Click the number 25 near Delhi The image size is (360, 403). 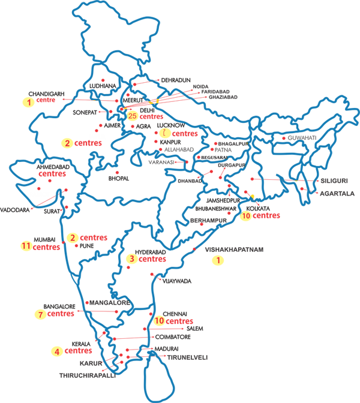point(133,115)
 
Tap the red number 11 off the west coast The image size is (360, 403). point(25,246)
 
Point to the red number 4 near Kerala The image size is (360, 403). point(57,351)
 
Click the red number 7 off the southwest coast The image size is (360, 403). point(40,315)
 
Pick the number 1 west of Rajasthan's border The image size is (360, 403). point(29,103)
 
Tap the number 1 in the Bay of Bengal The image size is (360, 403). point(218,261)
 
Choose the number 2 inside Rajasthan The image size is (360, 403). point(68,143)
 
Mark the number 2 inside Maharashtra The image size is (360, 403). point(73,237)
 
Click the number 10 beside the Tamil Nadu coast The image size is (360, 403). point(158,321)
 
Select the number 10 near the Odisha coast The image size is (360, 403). point(247,214)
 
